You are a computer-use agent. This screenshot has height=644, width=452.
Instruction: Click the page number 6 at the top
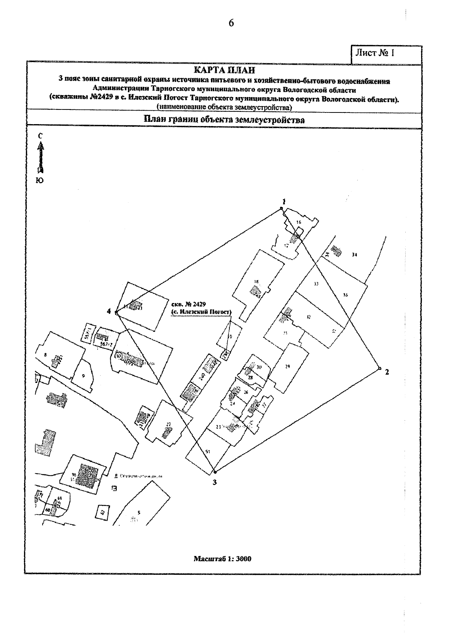pyautogui.click(x=231, y=23)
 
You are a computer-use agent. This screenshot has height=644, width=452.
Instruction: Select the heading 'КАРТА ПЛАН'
pyautogui.click(x=224, y=70)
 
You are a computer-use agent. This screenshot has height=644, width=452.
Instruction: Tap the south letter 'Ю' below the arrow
pyautogui.click(x=40, y=181)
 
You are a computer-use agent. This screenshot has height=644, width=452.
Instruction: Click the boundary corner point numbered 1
pyautogui.click(x=281, y=208)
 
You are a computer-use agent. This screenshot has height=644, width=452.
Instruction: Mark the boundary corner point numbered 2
pyautogui.click(x=379, y=368)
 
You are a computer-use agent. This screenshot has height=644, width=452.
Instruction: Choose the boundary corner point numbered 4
pyautogui.click(x=117, y=312)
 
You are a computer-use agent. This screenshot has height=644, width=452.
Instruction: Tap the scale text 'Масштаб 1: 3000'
pyautogui.click(x=222, y=559)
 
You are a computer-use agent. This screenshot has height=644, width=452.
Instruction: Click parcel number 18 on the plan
pyautogui.click(x=256, y=281)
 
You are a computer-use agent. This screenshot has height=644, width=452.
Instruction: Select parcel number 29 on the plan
pyautogui.click(x=287, y=366)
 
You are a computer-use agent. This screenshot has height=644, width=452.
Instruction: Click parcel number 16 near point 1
pyautogui.click(x=299, y=222)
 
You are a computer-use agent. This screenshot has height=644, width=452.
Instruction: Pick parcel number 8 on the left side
pyautogui.click(x=45, y=354)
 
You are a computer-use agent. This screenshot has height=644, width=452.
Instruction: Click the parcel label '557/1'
pyautogui.click(x=89, y=332)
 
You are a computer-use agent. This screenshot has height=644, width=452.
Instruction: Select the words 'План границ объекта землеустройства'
pyautogui.click(x=224, y=120)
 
